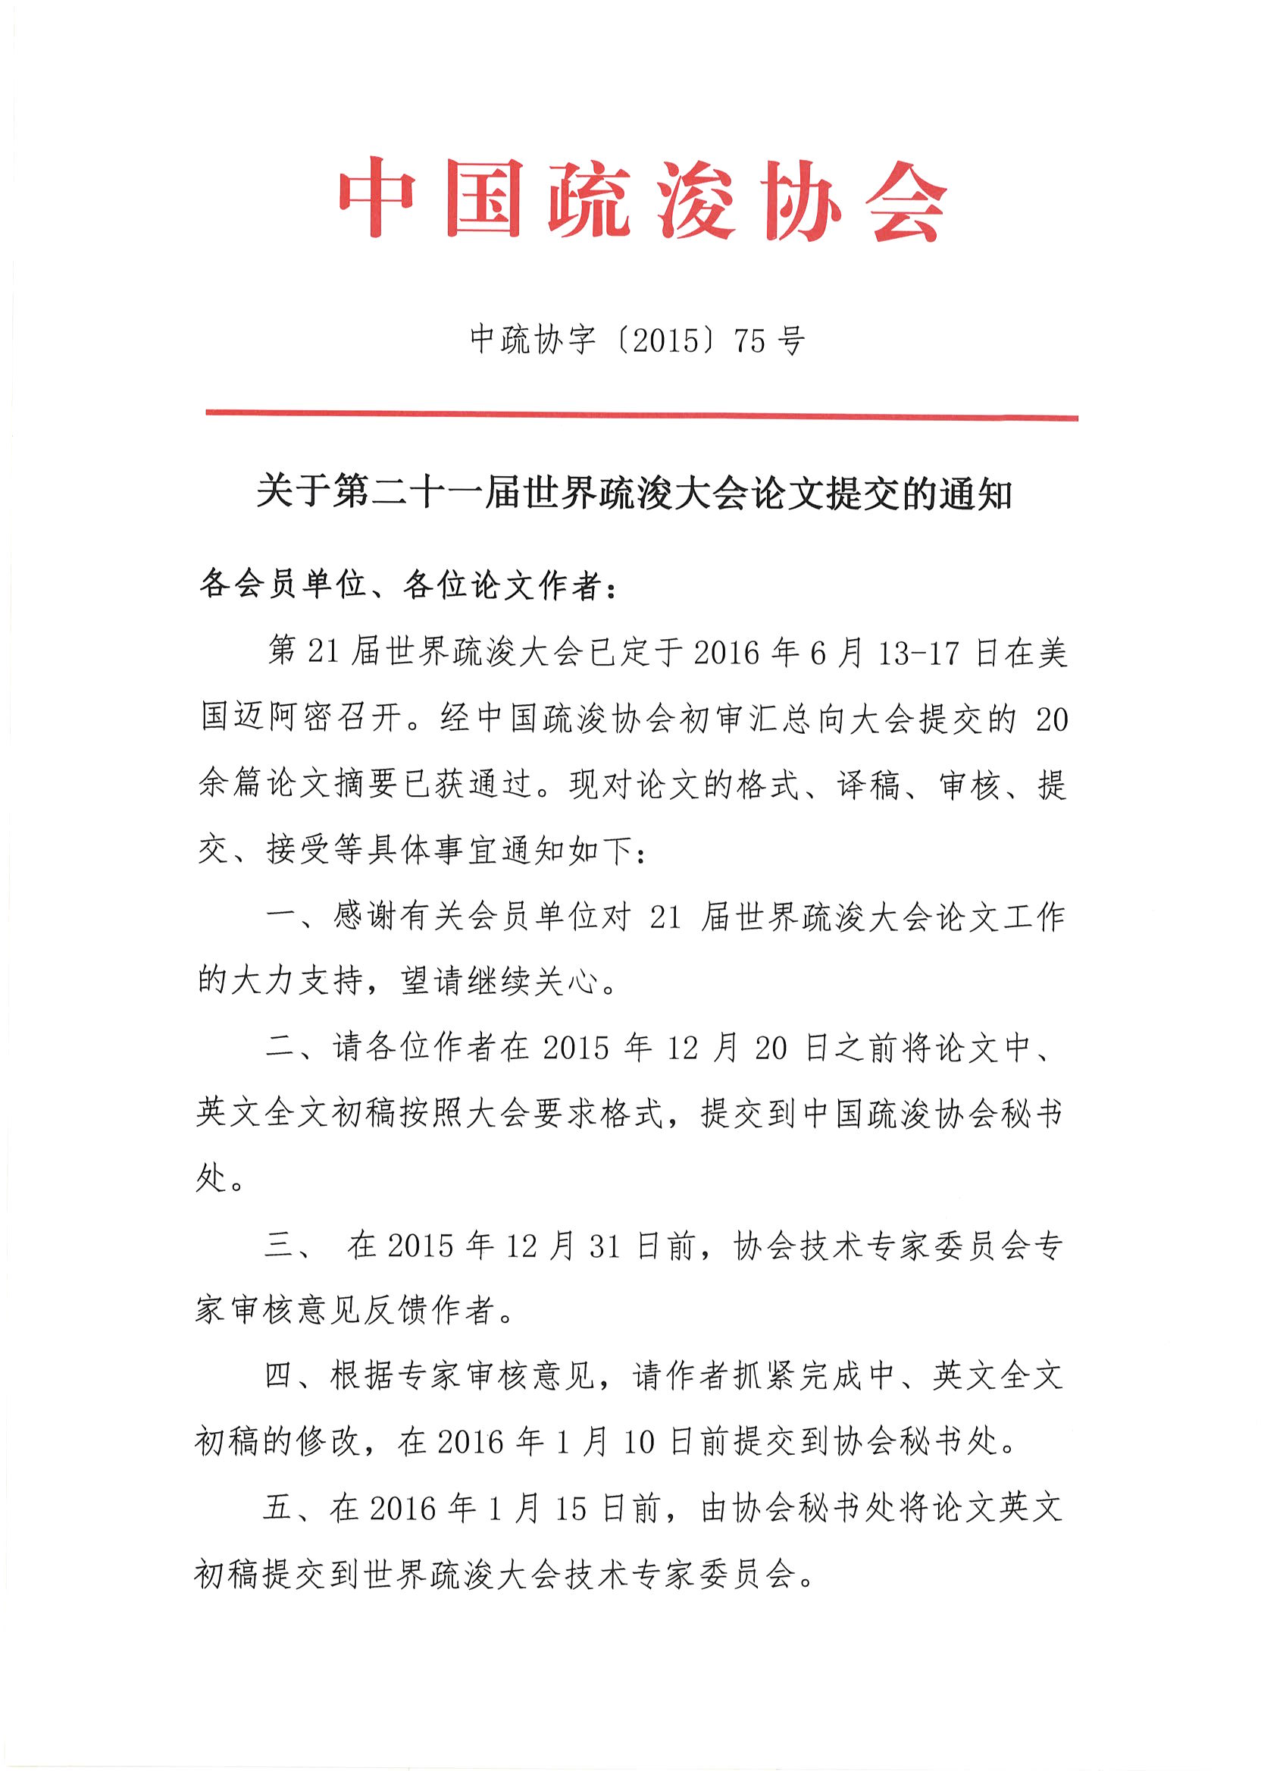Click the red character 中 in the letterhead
click(x=376, y=197)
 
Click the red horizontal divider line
click(x=641, y=415)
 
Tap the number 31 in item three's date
click(x=604, y=1246)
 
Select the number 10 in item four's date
click(x=640, y=1443)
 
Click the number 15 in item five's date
click(x=571, y=1509)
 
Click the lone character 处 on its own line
click(x=211, y=1178)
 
